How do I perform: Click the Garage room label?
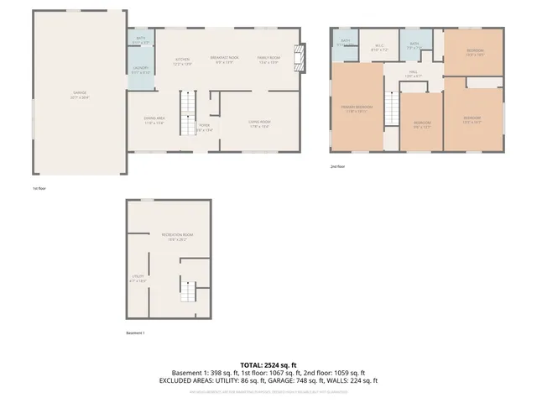click(81, 94)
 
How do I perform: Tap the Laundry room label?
click(141, 71)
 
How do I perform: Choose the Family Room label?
click(268, 60)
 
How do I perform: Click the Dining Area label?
click(154, 121)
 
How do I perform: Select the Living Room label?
click(258, 124)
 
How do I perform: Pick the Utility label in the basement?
click(138, 277)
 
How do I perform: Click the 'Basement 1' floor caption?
click(135, 333)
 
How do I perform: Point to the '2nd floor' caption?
click(337, 166)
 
